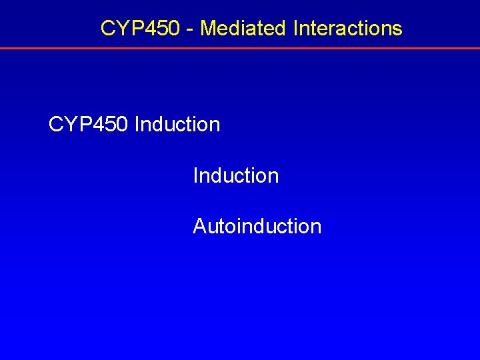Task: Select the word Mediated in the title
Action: click(x=241, y=28)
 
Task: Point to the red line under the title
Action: click(x=240, y=49)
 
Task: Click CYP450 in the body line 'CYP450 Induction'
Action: click(x=89, y=125)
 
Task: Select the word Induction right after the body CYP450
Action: click(x=177, y=125)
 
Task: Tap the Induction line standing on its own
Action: click(x=235, y=175)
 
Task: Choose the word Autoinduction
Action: click(x=257, y=226)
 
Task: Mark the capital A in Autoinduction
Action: click(x=199, y=226)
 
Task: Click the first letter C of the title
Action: click(x=107, y=28)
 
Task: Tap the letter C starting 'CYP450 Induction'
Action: click(x=56, y=125)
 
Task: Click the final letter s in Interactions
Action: click(x=398, y=29)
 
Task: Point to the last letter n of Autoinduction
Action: click(x=316, y=227)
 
